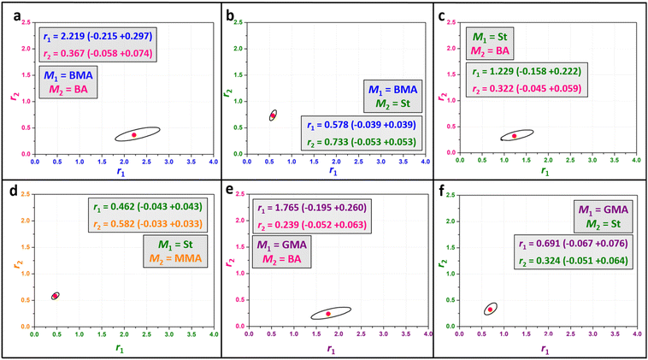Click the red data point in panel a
click(x=134, y=134)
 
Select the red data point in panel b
click(x=273, y=115)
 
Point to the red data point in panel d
click(x=55, y=296)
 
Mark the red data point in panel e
click(x=327, y=313)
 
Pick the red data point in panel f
click(x=491, y=309)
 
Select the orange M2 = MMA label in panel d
click(x=173, y=249)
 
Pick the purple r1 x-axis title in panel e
click(x=331, y=349)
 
